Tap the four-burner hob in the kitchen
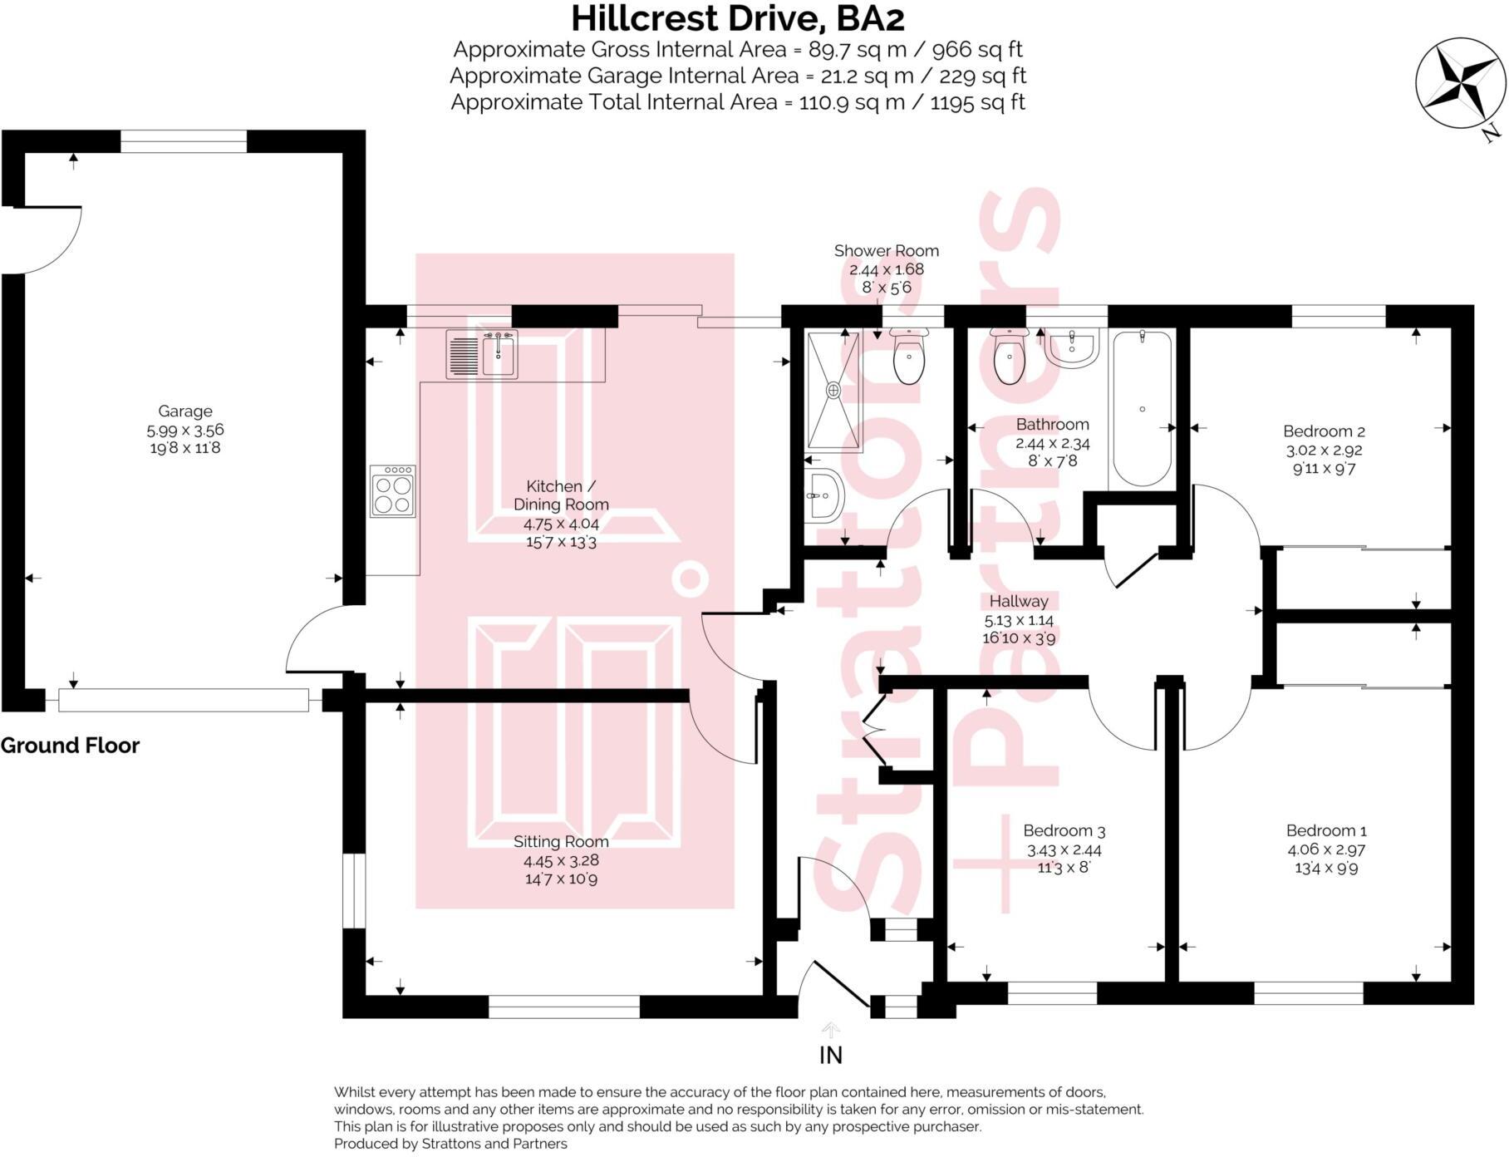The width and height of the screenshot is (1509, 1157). (x=393, y=491)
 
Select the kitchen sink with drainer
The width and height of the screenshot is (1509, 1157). (x=482, y=354)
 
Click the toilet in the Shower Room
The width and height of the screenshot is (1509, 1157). (x=908, y=359)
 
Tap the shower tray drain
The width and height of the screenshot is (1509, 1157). (x=833, y=389)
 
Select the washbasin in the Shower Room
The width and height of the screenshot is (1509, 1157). (x=824, y=496)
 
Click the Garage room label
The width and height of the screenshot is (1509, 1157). (x=185, y=411)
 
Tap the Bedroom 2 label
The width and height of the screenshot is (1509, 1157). (x=1324, y=431)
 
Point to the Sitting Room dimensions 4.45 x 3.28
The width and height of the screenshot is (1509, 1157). (x=561, y=860)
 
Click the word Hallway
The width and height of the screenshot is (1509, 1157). (x=1019, y=601)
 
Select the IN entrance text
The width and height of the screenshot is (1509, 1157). (x=830, y=1055)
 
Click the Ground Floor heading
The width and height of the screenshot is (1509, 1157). (x=70, y=746)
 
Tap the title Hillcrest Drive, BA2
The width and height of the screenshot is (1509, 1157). (x=737, y=18)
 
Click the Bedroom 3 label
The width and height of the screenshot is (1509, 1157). (x=1064, y=830)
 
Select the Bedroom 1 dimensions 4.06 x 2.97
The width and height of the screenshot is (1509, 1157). (x=1326, y=849)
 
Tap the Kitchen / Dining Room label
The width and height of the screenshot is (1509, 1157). (x=561, y=495)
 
